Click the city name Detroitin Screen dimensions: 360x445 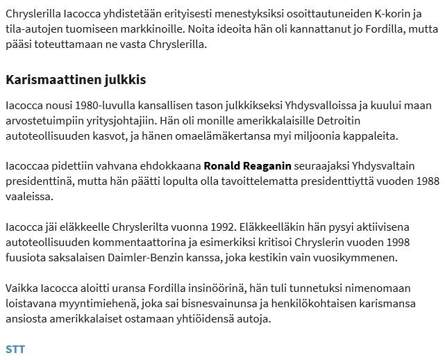[x=382, y=121]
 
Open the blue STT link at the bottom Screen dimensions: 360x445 [x=15, y=349]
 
